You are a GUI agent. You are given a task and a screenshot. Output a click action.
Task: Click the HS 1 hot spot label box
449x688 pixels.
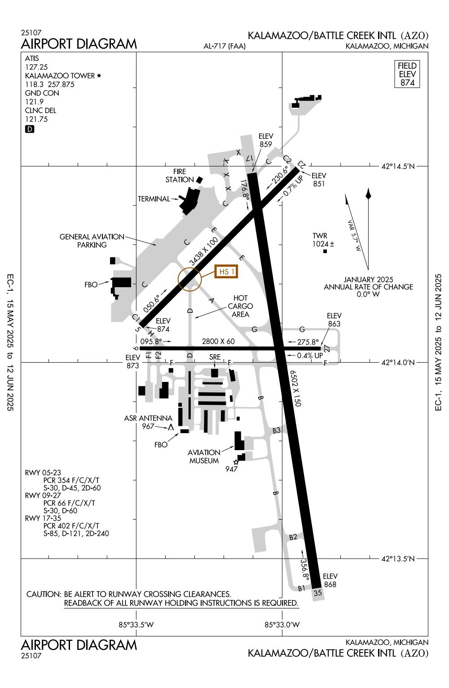pos(226,272)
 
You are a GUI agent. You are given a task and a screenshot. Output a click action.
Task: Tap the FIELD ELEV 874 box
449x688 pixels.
pos(407,74)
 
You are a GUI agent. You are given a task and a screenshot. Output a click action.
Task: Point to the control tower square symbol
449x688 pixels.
pos(325,251)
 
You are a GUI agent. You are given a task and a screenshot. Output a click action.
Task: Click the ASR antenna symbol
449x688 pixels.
pos(171,427)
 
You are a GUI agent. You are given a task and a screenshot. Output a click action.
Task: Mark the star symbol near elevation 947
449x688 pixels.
pos(236,462)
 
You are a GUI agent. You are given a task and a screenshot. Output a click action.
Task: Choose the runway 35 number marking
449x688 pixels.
pos(318,593)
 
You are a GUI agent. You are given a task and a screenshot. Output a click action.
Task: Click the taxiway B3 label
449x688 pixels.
pos(277,430)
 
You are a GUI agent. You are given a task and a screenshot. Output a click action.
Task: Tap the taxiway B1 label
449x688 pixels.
pos(302,588)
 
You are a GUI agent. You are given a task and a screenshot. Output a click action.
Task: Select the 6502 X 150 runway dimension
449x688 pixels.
pos(295,388)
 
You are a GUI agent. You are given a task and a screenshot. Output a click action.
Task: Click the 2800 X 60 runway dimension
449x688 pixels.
pos(218,342)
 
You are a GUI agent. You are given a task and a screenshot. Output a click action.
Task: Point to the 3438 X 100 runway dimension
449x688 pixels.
pos(203,251)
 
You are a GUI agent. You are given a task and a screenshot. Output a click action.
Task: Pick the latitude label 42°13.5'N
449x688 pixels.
pos(398,559)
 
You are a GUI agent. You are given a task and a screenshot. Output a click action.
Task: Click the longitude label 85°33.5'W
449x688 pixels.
pos(136,624)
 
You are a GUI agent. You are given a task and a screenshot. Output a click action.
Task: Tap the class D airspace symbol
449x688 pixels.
pos(30,129)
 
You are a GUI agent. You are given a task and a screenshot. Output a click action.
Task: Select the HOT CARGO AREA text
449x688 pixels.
pos(240,306)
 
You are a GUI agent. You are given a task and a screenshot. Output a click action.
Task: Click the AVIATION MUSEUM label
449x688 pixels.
pos(204,456)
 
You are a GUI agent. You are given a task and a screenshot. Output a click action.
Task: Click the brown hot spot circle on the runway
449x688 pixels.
pos(190,279)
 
